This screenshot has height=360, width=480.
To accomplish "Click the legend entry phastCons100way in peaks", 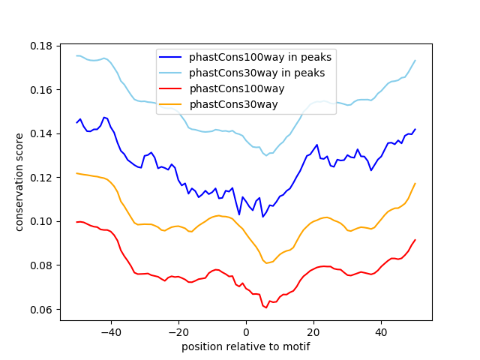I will coord(260,56).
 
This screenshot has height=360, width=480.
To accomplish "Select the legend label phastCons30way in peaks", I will coord(256,73).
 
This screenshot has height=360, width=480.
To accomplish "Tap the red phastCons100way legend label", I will coord(236,88).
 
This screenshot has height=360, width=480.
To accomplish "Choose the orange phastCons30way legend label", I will coord(233,104).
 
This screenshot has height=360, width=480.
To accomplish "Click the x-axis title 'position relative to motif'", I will coord(245,346).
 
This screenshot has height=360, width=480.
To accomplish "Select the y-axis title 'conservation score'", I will coord(20,181).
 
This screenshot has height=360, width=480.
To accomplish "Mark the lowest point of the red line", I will coord(265,307).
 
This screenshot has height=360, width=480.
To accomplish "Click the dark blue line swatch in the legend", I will coord(171,56).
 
